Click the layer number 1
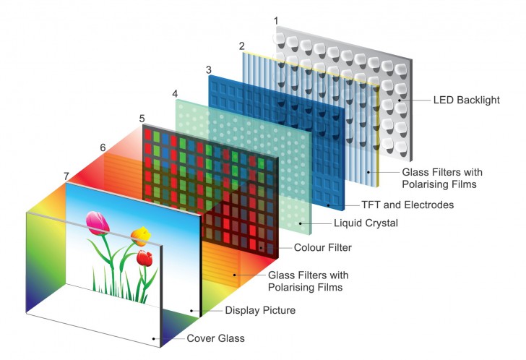tap(276, 22)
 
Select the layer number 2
tap(242, 46)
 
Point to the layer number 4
tap(175, 94)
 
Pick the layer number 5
tap(142, 118)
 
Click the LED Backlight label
tap(466, 100)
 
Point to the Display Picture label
tap(259, 310)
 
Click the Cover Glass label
tap(215, 338)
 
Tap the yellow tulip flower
tap(142, 234)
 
